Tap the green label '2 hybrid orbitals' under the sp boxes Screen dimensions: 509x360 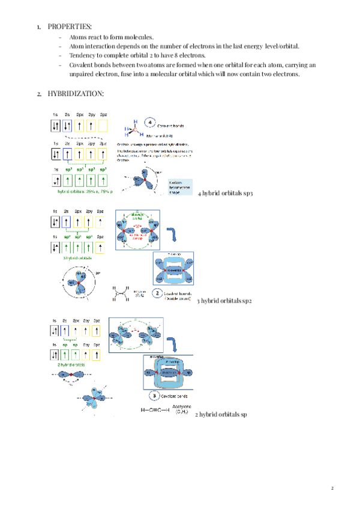tap(71, 364)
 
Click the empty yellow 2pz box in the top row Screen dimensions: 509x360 tap(103, 126)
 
